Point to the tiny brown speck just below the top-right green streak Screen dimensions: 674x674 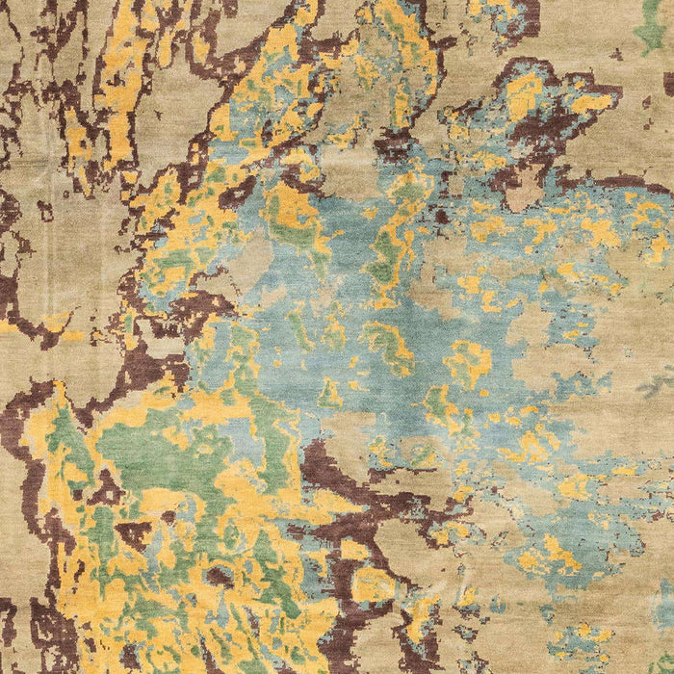pos(615,55)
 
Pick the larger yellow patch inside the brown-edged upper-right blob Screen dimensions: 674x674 pos(525,91)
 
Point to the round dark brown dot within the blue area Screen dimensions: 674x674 pos(442,216)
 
